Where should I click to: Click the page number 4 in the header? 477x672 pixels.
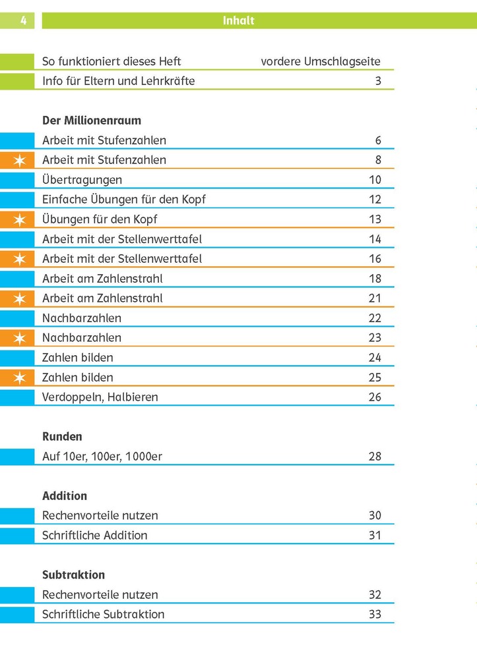[x=23, y=20]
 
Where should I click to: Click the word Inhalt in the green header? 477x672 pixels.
[x=238, y=20]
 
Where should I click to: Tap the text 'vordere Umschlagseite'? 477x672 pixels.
[x=321, y=61]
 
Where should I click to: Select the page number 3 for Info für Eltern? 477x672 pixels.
[x=378, y=81]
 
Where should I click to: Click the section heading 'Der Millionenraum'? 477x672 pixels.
[x=92, y=121]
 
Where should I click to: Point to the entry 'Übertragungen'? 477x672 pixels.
[x=82, y=180]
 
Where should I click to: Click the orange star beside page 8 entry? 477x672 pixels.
[x=20, y=160]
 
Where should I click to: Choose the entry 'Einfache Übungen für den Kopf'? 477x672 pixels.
[x=124, y=200]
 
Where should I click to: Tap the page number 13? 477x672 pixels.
[x=375, y=219]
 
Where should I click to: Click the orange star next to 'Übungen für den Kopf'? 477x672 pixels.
[x=20, y=219]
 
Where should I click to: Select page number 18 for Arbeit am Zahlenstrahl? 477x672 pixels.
[x=375, y=279]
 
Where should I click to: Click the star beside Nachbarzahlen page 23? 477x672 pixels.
[x=20, y=338]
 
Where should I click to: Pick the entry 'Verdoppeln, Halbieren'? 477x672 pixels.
[x=100, y=397]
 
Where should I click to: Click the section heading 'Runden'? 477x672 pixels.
[x=62, y=437]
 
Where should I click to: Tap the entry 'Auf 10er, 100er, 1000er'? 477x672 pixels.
[x=102, y=457]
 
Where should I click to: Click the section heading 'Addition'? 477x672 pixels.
[x=65, y=496]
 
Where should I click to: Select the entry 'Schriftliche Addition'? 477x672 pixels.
[x=94, y=536]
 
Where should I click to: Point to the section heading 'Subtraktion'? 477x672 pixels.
[x=73, y=575]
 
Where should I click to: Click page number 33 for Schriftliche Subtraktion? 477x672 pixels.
[x=375, y=615]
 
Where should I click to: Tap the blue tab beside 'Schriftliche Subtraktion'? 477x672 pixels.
[x=17, y=615]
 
